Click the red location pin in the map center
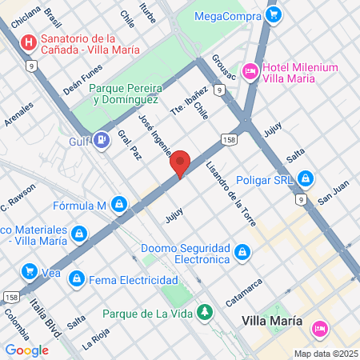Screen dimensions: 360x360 [181, 163]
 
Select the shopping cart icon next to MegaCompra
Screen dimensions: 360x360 [274, 14]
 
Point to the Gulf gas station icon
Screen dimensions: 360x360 [101, 141]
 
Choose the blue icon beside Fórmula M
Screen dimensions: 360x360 [119, 205]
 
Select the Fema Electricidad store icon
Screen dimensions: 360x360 [77, 279]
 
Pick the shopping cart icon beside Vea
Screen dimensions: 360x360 [30, 272]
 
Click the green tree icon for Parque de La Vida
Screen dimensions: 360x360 [206, 310]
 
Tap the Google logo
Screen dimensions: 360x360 [26, 350]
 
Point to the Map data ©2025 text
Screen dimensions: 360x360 [325, 354]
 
